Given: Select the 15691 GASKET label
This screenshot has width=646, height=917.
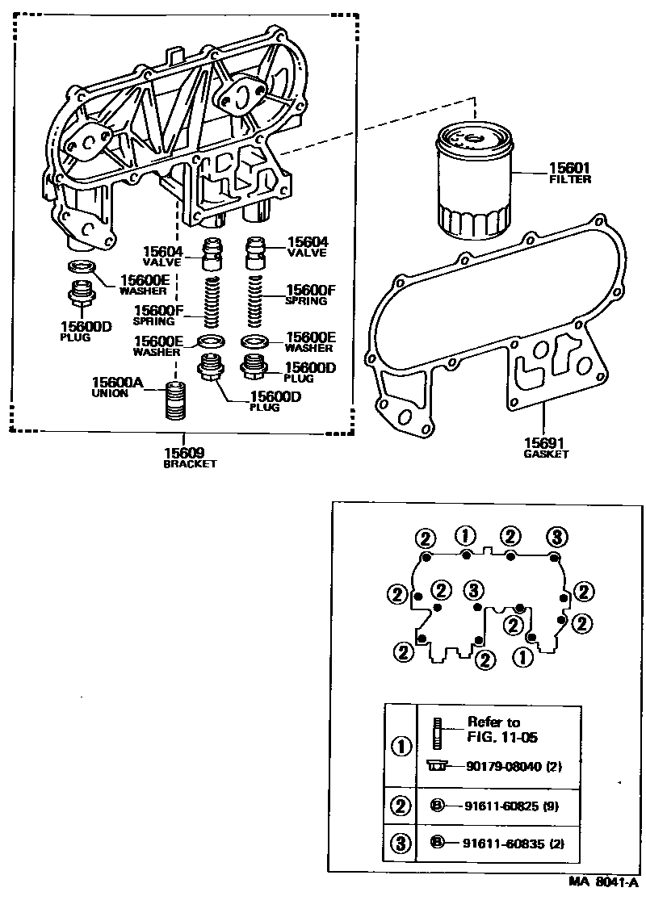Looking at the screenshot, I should pyautogui.click(x=546, y=448).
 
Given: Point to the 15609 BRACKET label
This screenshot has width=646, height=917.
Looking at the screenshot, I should pyautogui.click(x=190, y=458).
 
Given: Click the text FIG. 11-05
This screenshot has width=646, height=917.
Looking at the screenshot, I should pyautogui.click(x=502, y=737).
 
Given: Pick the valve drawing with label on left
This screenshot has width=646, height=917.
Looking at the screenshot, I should pyautogui.click(x=211, y=252).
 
